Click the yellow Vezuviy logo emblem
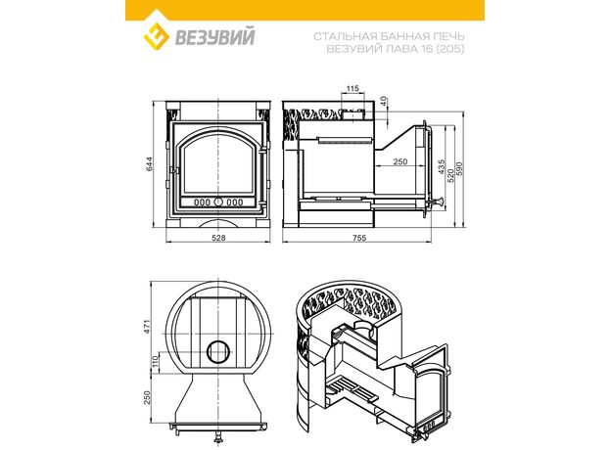click(x=156, y=36)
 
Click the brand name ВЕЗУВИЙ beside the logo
click(x=214, y=37)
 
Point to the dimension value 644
click(x=151, y=163)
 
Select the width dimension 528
click(x=218, y=238)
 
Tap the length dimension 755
click(x=359, y=238)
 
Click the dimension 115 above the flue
click(x=352, y=89)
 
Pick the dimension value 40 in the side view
click(x=384, y=101)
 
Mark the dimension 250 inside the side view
click(x=400, y=161)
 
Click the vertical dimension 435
click(x=441, y=166)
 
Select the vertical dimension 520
click(x=450, y=176)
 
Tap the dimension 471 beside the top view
click(x=147, y=327)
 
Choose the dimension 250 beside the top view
click(x=147, y=397)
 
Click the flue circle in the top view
click(x=218, y=351)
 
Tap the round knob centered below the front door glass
click(x=218, y=202)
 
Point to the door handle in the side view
click(x=439, y=202)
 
